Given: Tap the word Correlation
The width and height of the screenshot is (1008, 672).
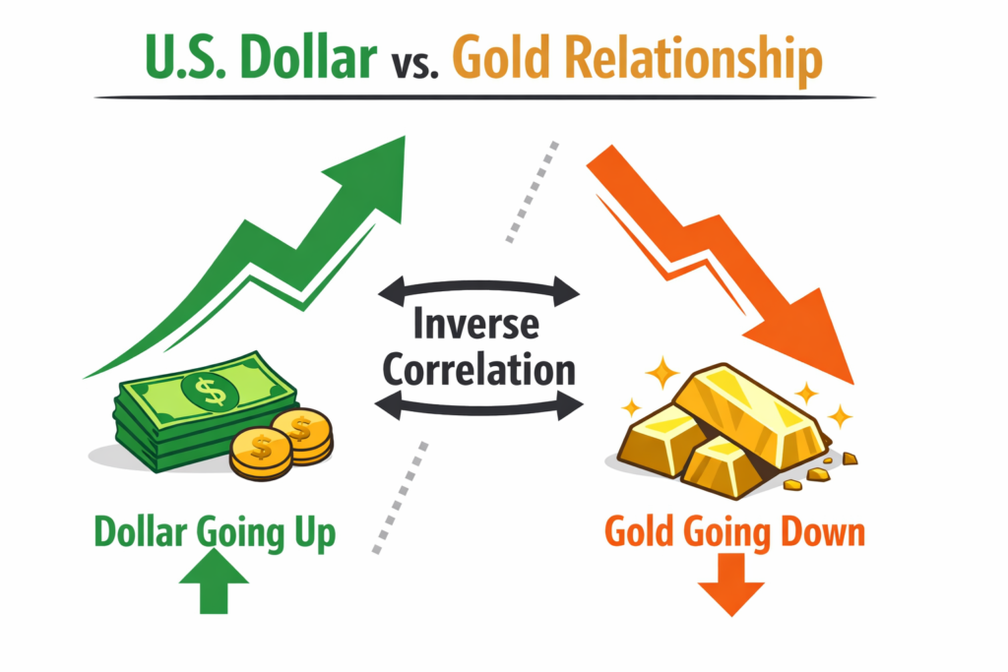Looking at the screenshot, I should (x=478, y=369).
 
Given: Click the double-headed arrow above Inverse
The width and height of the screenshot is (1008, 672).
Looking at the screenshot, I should (x=479, y=288).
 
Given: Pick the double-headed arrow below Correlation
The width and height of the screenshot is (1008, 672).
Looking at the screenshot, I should (x=479, y=403).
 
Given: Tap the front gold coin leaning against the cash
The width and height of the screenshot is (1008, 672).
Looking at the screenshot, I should (x=261, y=451).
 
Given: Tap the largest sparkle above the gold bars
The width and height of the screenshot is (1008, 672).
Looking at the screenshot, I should (x=661, y=373).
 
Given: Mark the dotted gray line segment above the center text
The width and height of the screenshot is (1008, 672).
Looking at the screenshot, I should (x=533, y=192).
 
